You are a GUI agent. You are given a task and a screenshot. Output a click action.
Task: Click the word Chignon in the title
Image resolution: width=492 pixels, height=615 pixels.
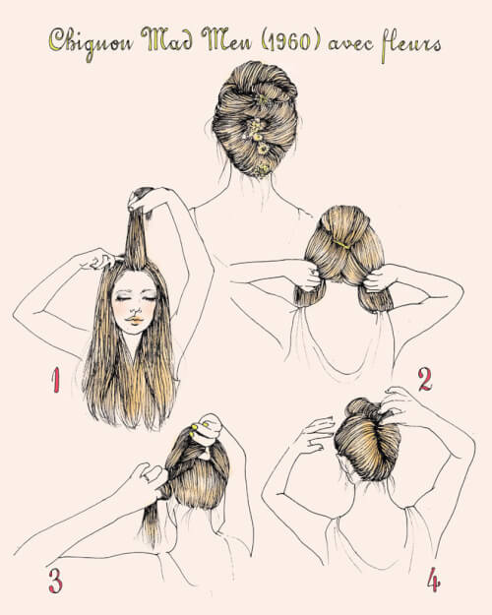click(x=91, y=42)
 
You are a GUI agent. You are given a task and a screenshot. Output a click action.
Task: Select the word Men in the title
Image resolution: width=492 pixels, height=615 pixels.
click(x=226, y=39)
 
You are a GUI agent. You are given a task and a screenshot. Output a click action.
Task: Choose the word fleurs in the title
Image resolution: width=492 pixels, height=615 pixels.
click(x=410, y=42)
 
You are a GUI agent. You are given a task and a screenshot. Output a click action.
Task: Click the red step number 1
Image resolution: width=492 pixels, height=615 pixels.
click(x=56, y=380)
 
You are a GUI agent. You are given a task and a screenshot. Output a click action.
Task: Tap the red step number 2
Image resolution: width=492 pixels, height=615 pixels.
click(x=424, y=380)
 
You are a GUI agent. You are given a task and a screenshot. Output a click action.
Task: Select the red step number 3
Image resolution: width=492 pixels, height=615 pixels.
click(x=55, y=581)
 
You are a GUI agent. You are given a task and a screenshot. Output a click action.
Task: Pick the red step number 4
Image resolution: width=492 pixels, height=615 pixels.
click(x=433, y=580)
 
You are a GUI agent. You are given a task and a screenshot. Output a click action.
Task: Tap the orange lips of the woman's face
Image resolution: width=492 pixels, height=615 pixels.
click(x=136, y=321)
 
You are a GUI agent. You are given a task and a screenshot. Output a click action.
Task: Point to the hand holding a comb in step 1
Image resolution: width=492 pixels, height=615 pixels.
click(x=96, y=259)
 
